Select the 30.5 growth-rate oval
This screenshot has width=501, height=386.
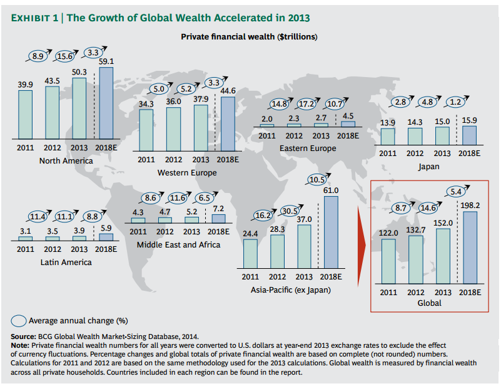(290, 211)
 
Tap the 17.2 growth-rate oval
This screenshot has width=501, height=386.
(307, 103)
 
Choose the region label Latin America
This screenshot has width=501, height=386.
(66, 262)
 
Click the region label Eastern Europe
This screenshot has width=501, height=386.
(308, 149)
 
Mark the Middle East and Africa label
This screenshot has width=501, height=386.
(179, 244)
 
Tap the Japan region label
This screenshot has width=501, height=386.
(428, 167)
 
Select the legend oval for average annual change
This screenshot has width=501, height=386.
(19, 321)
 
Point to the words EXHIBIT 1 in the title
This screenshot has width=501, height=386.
(34, 18)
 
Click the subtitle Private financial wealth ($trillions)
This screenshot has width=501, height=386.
(249, 37)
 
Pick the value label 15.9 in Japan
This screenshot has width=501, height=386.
(470, 120)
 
